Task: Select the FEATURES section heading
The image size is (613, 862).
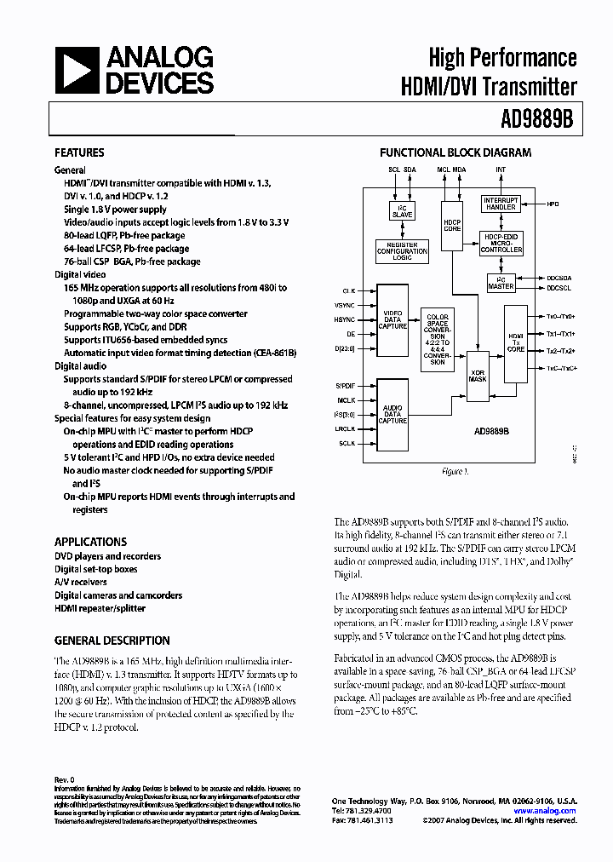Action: click(x=79, y=153)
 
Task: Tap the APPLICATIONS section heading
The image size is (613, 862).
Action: click(x=90, y=542)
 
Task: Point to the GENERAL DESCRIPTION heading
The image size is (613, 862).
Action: click(x=112, y=641)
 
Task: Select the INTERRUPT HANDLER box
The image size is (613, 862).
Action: click(x=501, y=204)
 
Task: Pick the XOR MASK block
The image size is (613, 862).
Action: click(x=477, y=374)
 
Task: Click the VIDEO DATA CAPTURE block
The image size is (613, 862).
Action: click(x=392, y=320)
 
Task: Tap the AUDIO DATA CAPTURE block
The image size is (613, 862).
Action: click(x=392, y=414)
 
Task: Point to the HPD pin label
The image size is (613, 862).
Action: click(x=553, y=204)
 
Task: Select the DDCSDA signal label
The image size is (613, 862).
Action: click(x=559, y=278)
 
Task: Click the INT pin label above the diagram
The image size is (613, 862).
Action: click(x=500, y=170)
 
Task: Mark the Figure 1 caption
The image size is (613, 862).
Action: click(x=452, y=471)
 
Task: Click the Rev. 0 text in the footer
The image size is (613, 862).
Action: click(x=65, y=779)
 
